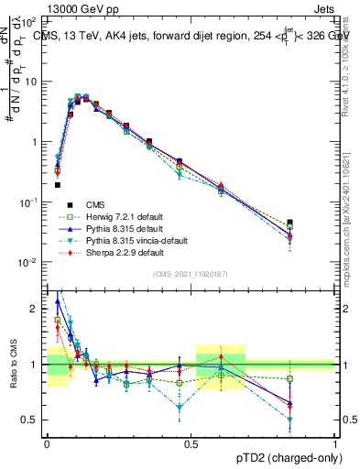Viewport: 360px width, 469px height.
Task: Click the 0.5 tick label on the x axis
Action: pyautogui.click(x=191, y=443)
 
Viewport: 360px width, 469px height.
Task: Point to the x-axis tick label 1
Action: pyautogui.click(x=335, y=443)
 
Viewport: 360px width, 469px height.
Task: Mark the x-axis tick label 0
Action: pyautogui.click(x=47, y=443)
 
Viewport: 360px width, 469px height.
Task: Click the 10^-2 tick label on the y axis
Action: pyautogui.click(x=28, y=263)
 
